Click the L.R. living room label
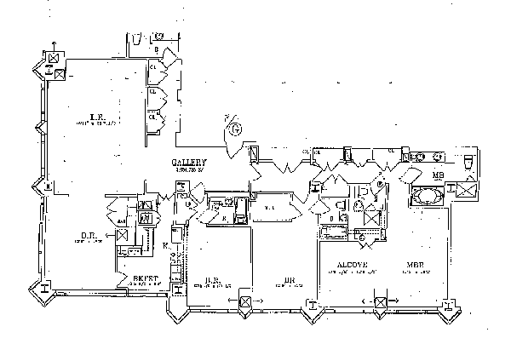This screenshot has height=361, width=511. point(98,117)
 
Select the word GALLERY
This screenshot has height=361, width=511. point(185,162)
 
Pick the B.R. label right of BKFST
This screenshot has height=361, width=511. point(214,278)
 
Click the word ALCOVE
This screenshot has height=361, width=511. point(351,264)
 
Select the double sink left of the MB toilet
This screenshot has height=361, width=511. point(423,158)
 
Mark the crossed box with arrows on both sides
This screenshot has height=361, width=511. point(381,301)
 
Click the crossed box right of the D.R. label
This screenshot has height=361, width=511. point(123,233)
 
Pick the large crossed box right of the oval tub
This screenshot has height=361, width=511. point(465,191)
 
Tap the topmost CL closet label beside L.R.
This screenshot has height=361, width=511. point(153,64)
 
